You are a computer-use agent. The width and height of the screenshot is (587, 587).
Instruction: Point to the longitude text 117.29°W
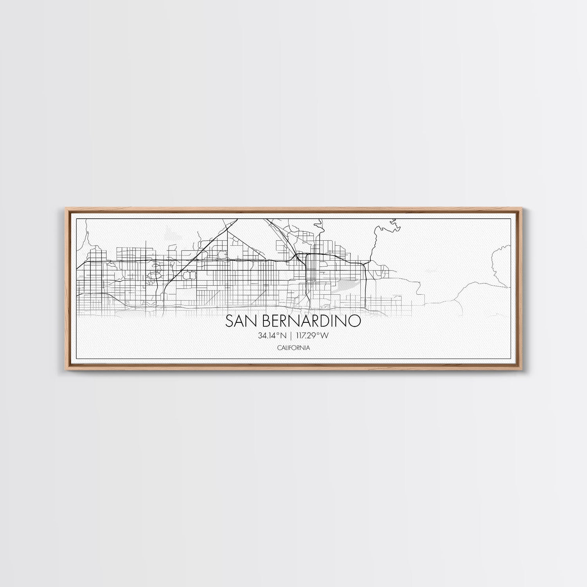(313, 335)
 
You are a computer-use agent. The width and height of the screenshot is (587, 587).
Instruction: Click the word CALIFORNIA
(293, 347)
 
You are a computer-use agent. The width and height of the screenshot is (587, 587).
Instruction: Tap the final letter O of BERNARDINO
(355, 321)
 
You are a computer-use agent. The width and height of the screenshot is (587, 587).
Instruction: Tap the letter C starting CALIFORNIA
(278, 347)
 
